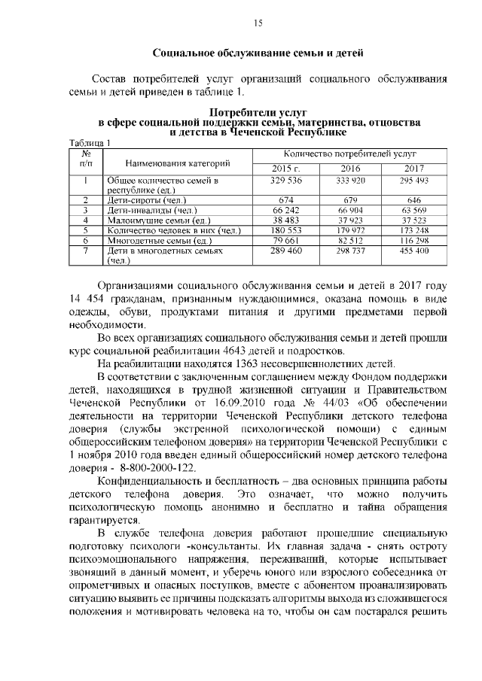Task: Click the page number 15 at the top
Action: click(x=257, y=23)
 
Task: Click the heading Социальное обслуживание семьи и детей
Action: click(x=258, y=53)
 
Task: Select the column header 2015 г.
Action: click(x=286, y=168)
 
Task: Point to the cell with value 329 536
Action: click(x=286, y=181)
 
